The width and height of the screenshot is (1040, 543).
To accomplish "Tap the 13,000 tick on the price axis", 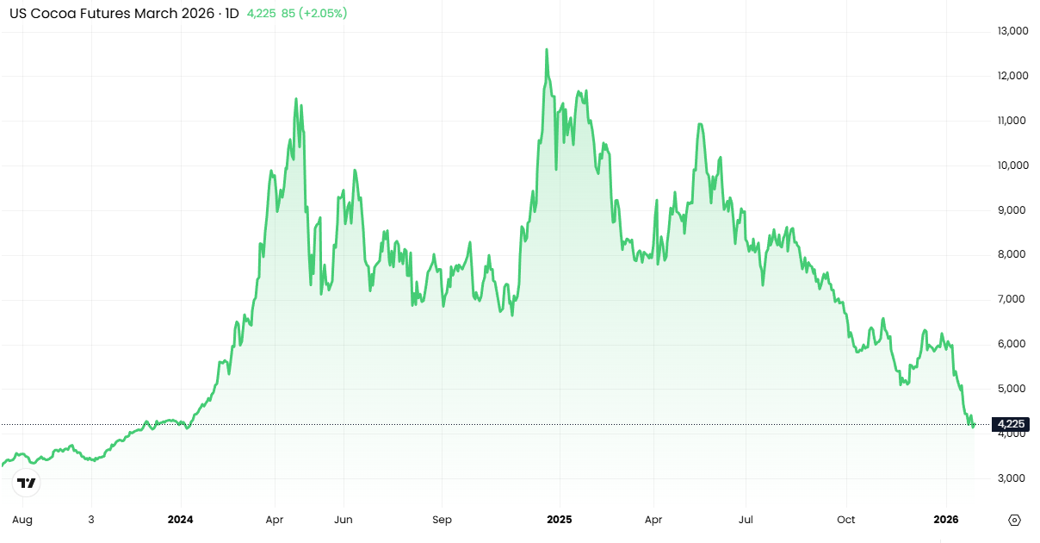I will pos(1012,31).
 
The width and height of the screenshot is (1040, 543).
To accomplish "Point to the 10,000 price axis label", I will pos(1012,165).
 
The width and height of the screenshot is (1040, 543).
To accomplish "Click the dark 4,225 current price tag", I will pos(1009,424).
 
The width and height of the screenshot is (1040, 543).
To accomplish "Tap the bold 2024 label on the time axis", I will pos(181,520).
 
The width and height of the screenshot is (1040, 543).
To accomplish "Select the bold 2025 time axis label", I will pos(560,520).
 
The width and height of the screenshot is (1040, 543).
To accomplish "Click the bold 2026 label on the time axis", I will pos(946,520).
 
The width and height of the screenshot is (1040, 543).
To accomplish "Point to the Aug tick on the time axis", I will pos(23,520).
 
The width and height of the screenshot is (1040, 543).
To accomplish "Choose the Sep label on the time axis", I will pos(442,520).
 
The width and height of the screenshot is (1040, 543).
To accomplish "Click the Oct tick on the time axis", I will pos(846,520).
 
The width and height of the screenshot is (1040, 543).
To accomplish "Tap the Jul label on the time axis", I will pos(746,520).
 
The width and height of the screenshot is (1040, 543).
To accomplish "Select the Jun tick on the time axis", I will pos(344,520).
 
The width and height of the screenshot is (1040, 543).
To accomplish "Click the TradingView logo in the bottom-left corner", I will pos(27,483).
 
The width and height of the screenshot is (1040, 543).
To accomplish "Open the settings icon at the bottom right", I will pos(1014,521).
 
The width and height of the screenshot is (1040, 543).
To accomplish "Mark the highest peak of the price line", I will pos(547,50).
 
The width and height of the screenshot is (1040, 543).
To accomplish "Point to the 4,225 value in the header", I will pos(262,14).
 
